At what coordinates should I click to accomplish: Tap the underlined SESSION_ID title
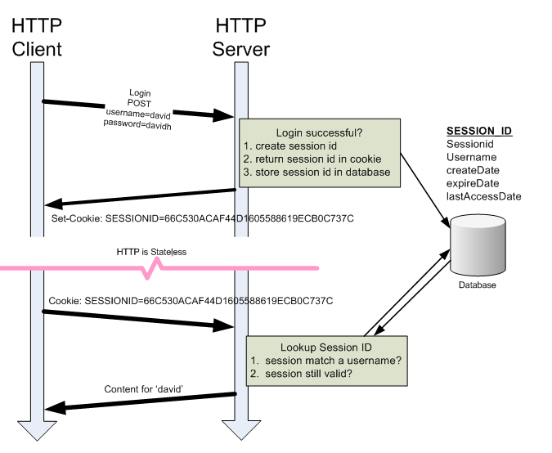pyautogui.click(x=479, y=131)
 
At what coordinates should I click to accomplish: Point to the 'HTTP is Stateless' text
pyautogui.click(x=152, y=252)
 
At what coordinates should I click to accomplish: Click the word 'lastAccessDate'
pyautogui.click(x=483, y=196)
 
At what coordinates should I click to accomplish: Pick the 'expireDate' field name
pyautogui.click(x=473, y=183)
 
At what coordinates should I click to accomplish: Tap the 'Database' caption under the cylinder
pyautogui.click(x=475, y=285)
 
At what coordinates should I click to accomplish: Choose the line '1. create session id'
pyautogui.click(x=292, y=146)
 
